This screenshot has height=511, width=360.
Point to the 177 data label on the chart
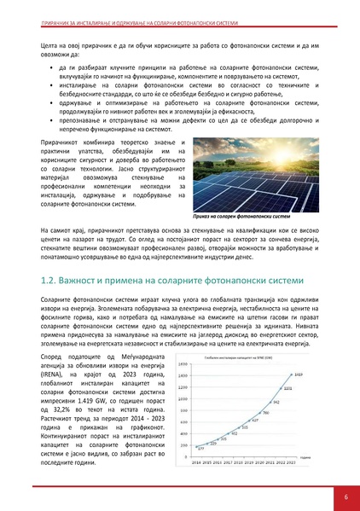point(200,448)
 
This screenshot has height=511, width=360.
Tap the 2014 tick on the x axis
point(195,462)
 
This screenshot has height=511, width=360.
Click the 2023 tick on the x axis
point(293,462)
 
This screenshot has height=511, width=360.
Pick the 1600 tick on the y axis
point(183,363)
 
